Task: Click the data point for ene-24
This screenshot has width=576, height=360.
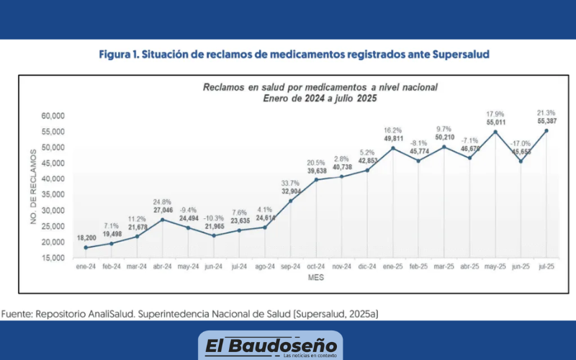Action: click(86, 248)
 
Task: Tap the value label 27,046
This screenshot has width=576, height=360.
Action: click(163, 211)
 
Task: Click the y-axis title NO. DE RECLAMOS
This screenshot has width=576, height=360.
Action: click(32, 186)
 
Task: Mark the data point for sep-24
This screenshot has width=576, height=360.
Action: click(290, 201)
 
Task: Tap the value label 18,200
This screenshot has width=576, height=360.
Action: click(86, 237)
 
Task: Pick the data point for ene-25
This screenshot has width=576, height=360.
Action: click(392, 148)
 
